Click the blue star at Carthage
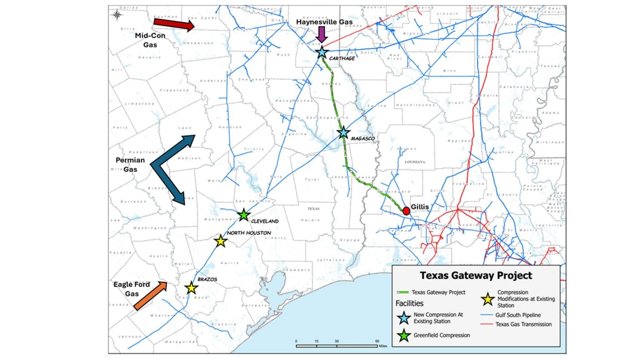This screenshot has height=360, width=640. (x=322, y=52)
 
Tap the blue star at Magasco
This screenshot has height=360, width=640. (x=343, y=133)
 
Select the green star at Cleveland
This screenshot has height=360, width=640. (x=244, y=215)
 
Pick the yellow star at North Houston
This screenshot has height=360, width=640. (x=220, y=241)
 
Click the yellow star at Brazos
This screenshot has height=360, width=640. (x=191, y=288)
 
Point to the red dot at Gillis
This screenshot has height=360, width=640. (x=406, y=211)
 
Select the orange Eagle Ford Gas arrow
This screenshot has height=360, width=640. (x=151, y=296)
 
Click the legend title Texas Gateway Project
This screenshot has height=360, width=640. (x=476, y=276)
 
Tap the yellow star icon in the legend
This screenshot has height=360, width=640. (x=488, y=299)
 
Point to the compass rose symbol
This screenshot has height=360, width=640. (x=117, y=15)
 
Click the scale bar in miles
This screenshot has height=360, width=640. (x=337, y=345)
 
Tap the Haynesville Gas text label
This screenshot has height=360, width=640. (x=322, y=21)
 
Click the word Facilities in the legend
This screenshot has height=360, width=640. (x=410, y=303)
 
